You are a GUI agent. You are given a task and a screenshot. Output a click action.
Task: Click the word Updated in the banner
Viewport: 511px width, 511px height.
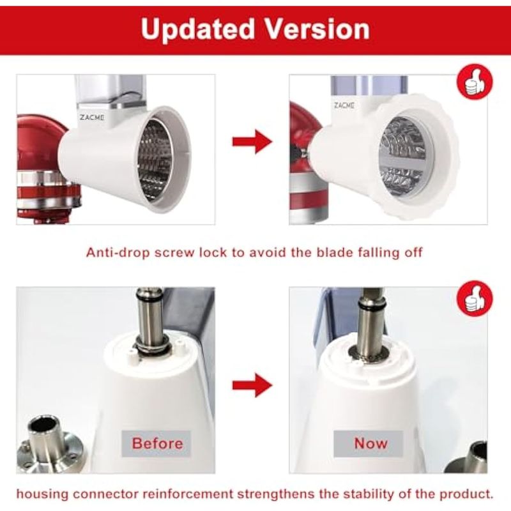click(x=197, y=29)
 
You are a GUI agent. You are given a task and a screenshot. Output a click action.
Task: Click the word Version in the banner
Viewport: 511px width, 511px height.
click(x=317, y=29)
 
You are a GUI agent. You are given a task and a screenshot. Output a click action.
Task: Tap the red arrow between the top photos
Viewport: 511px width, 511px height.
click(x=252, y=142)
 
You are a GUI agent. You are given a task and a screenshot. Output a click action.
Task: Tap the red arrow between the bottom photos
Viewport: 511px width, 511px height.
click(x=252, y=386)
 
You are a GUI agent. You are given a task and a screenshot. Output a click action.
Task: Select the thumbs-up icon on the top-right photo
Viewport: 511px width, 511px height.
click(x=475, y=82)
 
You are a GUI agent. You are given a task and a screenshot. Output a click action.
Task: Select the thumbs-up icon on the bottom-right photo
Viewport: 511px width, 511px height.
click(x=475, y=299)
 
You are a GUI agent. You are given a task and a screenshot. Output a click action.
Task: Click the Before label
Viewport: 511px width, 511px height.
click(x=156, y=443)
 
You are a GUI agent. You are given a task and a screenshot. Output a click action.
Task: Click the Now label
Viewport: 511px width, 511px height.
click(x=370, y=443)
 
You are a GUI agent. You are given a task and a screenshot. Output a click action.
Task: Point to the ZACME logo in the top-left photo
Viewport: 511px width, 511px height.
click(x=92, y=118)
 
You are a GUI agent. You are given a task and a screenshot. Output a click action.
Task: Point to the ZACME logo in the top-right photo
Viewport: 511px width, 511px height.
click(x=344, y=105)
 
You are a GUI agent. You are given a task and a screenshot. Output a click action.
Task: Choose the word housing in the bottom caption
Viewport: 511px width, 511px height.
click(x=42, y=494)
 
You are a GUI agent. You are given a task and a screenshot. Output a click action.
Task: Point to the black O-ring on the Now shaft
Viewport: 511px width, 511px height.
click(x=372, y=306)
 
